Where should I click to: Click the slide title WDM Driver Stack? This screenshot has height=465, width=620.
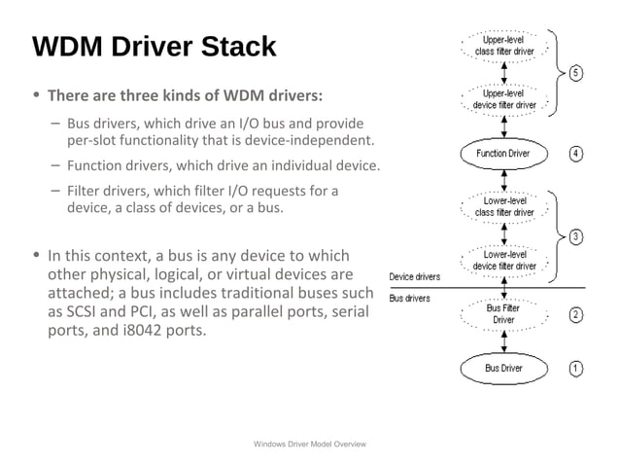tap(154, 47)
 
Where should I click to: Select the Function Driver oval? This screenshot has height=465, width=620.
tap(502, 153)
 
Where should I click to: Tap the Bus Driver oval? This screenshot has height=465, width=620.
tap(503, 368)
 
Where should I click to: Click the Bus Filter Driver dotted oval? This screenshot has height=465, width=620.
tap(503, 313)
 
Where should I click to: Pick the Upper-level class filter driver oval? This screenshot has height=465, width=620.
tap(503, 45)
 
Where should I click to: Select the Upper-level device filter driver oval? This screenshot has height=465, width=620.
tap(503, 99)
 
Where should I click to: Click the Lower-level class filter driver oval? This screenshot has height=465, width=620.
tap(503, 206)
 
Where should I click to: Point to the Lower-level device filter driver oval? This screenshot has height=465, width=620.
tap(503, 260)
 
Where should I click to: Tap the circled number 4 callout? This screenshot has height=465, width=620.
tap(576, 154)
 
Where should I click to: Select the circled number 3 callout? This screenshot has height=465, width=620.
tap(576, 236)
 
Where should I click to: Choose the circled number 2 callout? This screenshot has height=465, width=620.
tap(576, 314)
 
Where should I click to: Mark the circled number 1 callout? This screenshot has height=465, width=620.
tap(576, 368)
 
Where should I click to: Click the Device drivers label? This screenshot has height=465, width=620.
tap(414, 277)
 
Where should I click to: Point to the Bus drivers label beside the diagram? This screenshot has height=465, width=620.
tap(410, 298)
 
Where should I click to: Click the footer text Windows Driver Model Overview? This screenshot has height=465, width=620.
tap(309, 444)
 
